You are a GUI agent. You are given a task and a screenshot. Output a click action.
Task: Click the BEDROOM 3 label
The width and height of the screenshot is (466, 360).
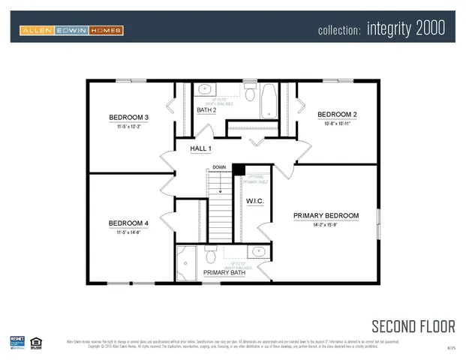pos(128,118)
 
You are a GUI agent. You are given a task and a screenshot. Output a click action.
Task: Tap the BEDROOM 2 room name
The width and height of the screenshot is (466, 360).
pos(337,115)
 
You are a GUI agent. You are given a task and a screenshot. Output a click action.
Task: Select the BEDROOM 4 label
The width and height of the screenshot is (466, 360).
pos(128,223)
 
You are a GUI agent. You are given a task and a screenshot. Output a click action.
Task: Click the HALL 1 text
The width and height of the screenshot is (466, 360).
pos(200,149)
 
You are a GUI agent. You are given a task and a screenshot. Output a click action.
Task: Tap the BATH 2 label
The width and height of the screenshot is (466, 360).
pos(206,110)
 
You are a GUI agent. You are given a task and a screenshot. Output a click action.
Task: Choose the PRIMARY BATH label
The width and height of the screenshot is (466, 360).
pos(223,272)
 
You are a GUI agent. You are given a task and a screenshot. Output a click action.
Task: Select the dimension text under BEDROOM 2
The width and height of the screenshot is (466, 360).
pos(337,124)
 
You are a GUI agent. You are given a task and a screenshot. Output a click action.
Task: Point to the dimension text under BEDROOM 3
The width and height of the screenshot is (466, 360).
pos(128,127)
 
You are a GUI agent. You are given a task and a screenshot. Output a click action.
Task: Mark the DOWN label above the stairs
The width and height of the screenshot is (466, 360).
pos(218,167)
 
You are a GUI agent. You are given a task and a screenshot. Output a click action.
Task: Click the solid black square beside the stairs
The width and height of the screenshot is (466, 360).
pos(238,169)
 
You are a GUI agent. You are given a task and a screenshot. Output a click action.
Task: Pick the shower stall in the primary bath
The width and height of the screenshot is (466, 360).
pos(186,263)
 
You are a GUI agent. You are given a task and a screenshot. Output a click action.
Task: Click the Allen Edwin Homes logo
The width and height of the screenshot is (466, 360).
pos(72,30)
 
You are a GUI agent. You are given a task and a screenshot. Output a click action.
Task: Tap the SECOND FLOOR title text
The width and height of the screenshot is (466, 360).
pos(413,325)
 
